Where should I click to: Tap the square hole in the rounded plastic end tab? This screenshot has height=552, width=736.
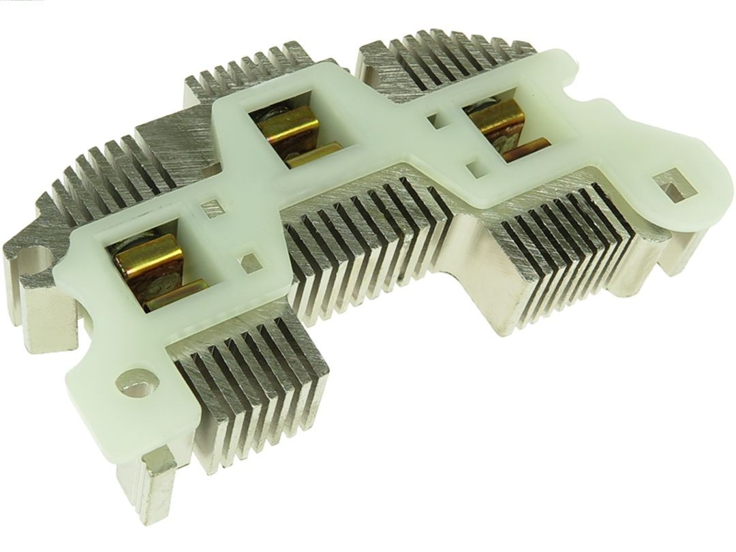(666, 185)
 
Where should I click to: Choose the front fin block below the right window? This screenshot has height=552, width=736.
(566, 239)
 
